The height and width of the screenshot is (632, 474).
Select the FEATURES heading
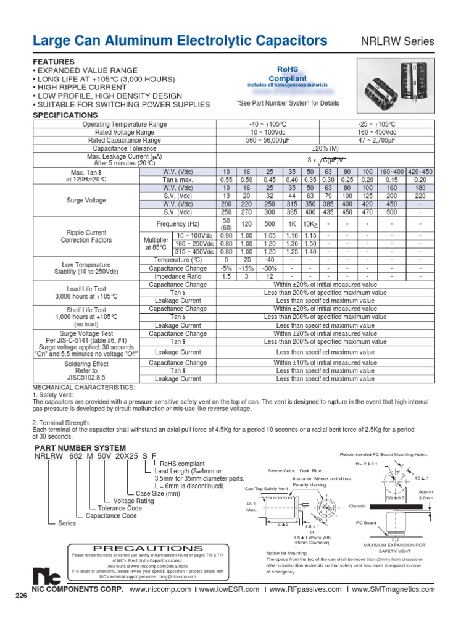(54, 62)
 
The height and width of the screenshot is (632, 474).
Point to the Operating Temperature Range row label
(125, 124)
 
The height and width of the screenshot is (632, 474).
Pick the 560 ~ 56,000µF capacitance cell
(268, 140)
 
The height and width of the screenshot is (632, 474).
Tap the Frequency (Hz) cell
(178, 225)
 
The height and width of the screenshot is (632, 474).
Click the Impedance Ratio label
(178, 277)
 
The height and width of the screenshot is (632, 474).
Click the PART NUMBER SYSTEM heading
(80, 447)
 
